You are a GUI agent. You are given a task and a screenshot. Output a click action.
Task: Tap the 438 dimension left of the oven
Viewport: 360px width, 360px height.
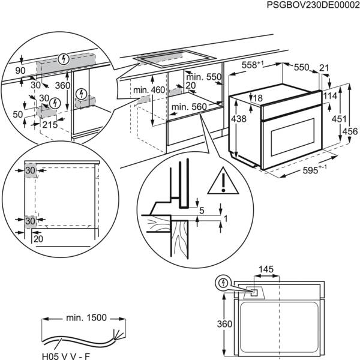click(238, 120)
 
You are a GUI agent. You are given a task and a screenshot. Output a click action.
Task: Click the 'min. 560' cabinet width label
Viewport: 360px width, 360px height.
click(188, 107)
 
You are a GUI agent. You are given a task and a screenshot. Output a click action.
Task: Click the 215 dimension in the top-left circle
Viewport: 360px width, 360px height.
click(49, 125)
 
